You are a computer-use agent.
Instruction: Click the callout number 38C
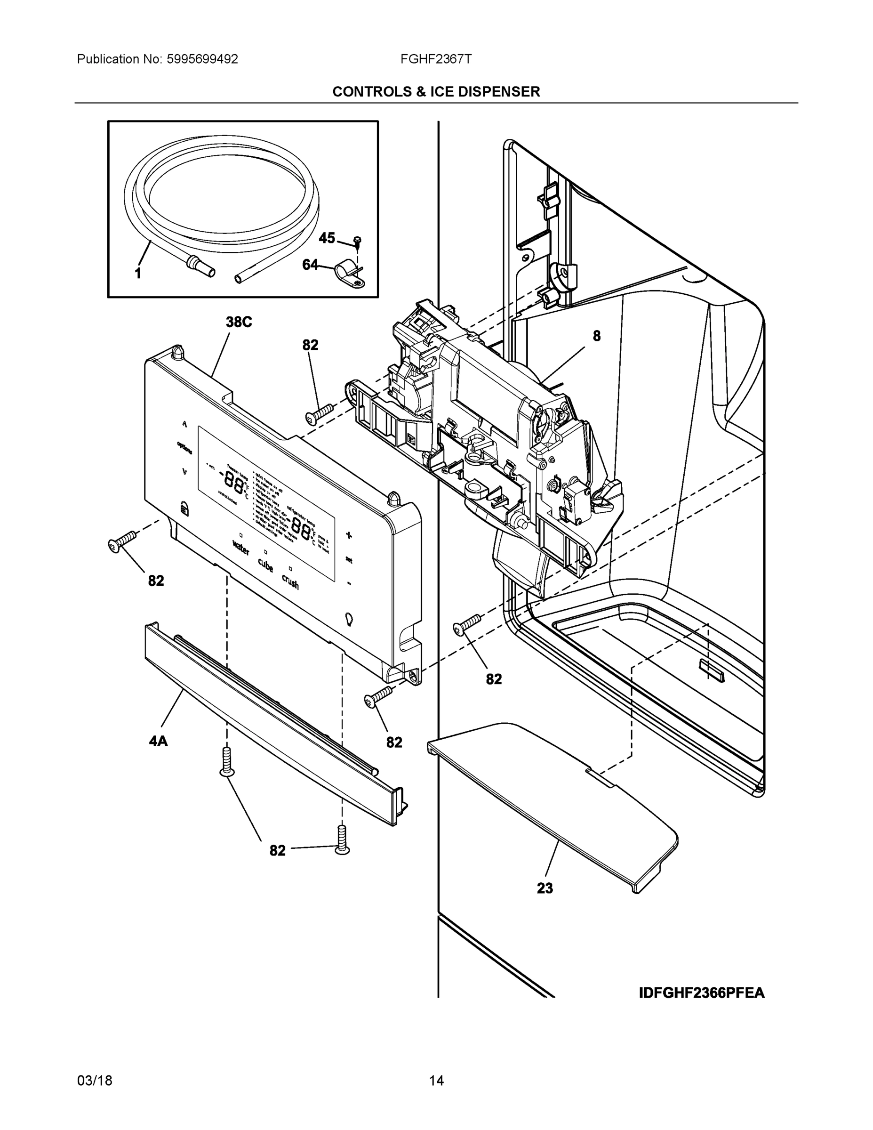(x=239, y=323)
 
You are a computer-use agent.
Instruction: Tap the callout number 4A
(x=158, y=742)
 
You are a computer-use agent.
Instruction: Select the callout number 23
(x=545, y=888)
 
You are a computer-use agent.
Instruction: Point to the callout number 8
(x=596, y=336)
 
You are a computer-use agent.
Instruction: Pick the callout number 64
(x=310, y=265)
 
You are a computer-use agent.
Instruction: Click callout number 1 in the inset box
(x=138, y=274)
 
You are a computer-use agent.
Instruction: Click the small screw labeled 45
(x=357, y=240)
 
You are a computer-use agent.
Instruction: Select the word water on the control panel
(x=240, y=548)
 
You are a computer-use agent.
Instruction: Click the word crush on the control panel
(x=290, y=581)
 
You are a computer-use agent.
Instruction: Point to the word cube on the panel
(x=265, y=565)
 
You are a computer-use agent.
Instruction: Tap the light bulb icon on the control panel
(x=349, y=619)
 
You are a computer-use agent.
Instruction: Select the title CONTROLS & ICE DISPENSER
(x=436, y=92)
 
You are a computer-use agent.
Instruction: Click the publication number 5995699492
(x=202, y=59)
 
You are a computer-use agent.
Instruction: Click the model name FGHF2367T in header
(x=435, y=59)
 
